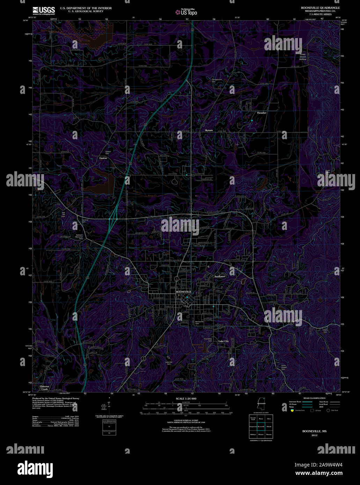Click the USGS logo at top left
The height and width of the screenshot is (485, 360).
44,10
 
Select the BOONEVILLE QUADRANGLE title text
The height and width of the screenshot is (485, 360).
320,8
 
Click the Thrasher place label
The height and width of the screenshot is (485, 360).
262,113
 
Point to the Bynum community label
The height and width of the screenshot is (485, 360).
209,130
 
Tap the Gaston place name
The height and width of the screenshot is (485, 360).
103,158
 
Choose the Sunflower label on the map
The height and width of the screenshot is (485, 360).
220,276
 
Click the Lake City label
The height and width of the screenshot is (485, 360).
223,341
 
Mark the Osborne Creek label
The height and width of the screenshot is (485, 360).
44,388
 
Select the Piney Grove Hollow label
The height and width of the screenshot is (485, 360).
302,57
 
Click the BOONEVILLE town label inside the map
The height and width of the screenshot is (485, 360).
184,291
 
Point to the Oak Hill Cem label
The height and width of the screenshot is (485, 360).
64,215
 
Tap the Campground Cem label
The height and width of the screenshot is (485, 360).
216,80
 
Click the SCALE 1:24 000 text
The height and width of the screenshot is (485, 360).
186,398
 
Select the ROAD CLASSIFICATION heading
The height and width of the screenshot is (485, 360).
314,398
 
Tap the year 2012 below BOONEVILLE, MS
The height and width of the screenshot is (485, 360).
314,435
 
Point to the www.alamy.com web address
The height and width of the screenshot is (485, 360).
319,473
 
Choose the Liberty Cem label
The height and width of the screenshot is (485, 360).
325,331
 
